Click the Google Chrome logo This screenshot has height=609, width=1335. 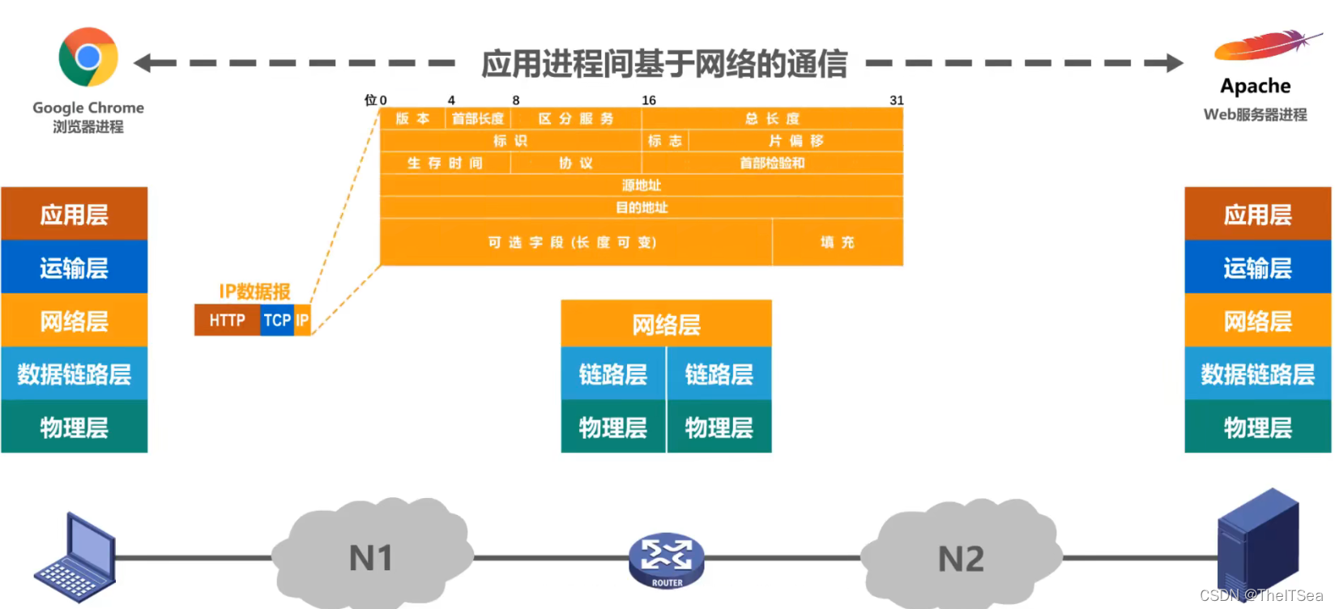pos(88,57)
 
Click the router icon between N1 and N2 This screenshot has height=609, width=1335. pos(667,560)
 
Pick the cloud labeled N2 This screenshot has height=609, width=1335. pos(961,557)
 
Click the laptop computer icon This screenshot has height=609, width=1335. pos(75,559)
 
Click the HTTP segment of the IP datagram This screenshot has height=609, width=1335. pos(227,321)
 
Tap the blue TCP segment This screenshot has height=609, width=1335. pos(277,321)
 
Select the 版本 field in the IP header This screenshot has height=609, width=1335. pos(412,119)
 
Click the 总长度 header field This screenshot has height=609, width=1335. pos(772,119)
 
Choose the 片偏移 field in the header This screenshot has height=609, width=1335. pos(795,141)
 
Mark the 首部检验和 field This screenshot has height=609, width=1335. pos(772,163)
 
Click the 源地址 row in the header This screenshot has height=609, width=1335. pos(642,185)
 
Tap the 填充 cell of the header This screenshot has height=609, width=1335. pos(838,242)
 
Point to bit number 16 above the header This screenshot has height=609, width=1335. pos(649,100)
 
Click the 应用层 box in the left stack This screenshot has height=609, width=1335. pos(75,215)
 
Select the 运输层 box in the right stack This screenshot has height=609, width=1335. pos(1257,268)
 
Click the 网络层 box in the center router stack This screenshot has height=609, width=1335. pos(666,325)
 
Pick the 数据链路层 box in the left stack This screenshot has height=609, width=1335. pos(75,374)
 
